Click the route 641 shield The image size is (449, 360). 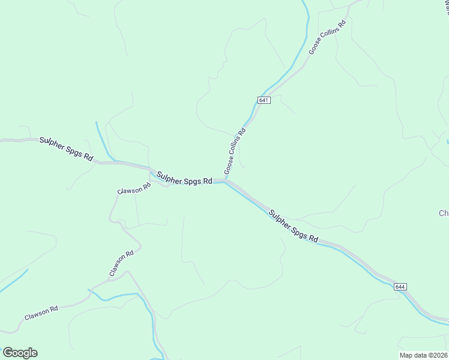(265, 100)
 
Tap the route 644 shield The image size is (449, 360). (400, 287)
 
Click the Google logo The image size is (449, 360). (20, 353)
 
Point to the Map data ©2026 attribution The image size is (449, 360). (423, 355)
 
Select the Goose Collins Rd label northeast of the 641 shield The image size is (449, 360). (328, 38)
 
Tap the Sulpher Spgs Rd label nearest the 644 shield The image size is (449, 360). (293, 226)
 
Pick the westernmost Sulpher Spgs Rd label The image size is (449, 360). (67, 149)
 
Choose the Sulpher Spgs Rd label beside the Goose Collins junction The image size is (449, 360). (184, 178)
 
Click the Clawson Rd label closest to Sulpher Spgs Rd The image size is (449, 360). (135, 189)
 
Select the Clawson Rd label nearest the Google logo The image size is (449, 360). (41, 313)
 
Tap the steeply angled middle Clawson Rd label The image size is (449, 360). (121, 264)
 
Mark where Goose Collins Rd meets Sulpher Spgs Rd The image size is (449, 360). (226, 179)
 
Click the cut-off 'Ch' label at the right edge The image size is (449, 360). (444, 213)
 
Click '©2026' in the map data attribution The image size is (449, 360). (436, 355)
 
